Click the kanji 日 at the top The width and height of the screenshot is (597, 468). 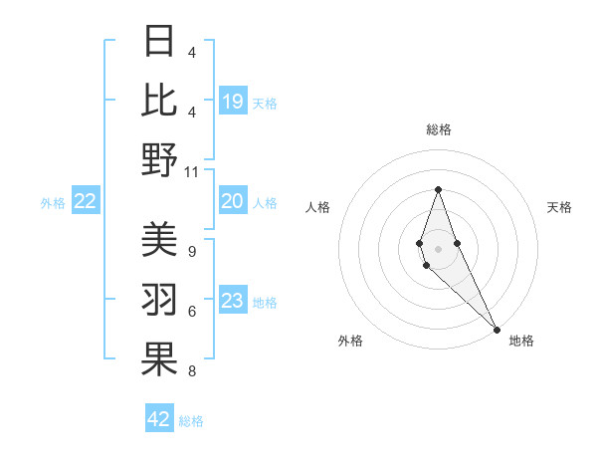click(x=159, y=41)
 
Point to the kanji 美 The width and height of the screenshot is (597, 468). click(x=159, y=239)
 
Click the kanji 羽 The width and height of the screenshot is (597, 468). click(x=159, y=300)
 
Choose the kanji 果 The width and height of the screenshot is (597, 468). click(x=159, y=359)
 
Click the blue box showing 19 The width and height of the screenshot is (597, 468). click(x=232, y=102)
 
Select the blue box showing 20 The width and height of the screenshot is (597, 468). click(x=232, y=202)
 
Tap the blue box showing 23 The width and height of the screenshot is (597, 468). click(x=232, y=302)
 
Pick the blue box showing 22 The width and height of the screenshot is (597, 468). click(x=85, y=202)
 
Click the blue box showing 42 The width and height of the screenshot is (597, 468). click(x=159, y=419)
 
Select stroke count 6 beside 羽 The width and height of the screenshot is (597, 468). click(x=191, y=312)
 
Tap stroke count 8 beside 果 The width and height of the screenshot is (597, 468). click(x=191, y=371)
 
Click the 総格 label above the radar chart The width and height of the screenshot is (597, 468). click(x=438, y=129)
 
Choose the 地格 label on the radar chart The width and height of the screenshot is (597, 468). click(x=521, y=341)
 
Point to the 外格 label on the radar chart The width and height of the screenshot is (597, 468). click(x=350, y=341)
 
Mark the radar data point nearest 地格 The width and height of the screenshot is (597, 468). click(x=496, y=329)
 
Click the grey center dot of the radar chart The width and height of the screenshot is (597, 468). click(x=438, y=248)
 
